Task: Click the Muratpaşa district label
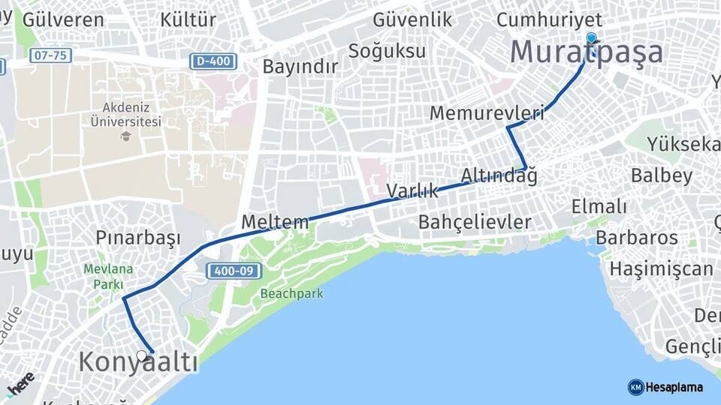587,52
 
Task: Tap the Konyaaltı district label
139,363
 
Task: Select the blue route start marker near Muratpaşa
591,38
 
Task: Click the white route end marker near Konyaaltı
141,355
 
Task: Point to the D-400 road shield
214,61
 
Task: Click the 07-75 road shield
50,55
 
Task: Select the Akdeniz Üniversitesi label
125,114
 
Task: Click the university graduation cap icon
125,136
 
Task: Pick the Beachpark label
292,294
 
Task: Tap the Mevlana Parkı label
108,276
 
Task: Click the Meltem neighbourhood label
275,222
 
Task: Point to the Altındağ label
499,175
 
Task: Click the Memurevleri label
487,113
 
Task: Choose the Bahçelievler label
475,222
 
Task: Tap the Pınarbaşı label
138,238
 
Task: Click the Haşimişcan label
662,268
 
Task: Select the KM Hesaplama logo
665,387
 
